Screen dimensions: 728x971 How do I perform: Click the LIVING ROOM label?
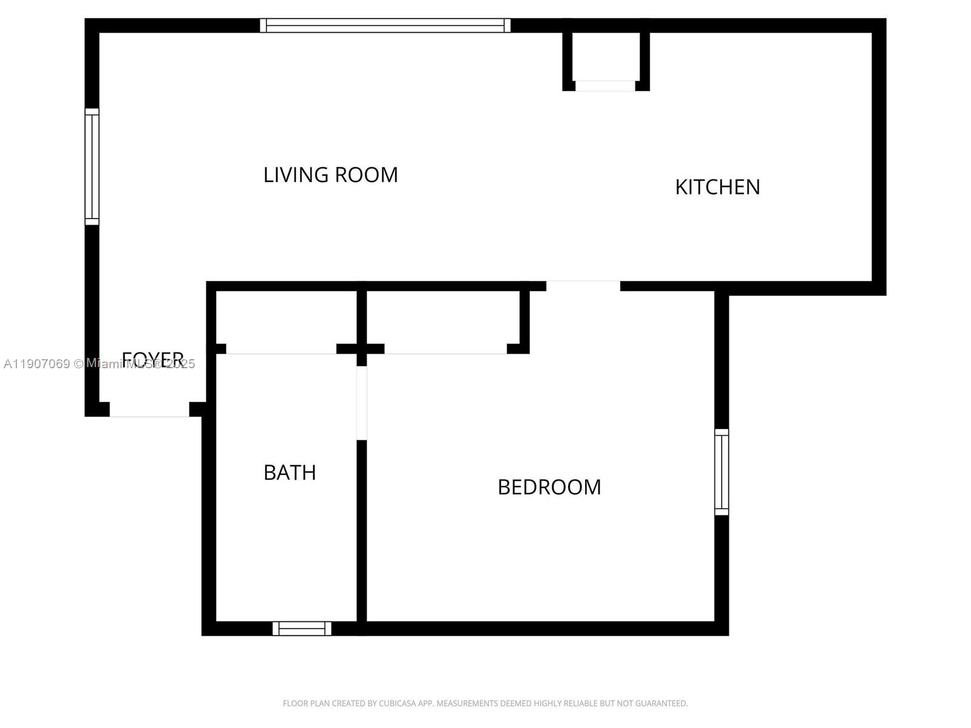[330, 175]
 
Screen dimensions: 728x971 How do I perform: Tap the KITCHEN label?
[717, 187]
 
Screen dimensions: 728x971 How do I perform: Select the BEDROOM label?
[549, 487]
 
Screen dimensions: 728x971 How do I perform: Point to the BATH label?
[289, 473]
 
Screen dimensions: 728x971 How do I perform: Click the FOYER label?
[152, 358]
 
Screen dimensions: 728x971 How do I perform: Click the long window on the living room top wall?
[385, 25]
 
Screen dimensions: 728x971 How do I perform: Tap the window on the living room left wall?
[92, 166]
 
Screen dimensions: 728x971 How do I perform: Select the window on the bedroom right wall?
[721, 472]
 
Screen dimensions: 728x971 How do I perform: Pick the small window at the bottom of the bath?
[302, 629]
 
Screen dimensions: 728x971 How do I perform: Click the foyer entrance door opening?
[149, 410]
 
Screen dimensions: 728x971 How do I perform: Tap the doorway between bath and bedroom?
[362, 403]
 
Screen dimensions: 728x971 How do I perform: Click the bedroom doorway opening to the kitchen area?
[583, 286]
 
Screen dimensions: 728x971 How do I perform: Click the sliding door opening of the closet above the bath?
[281, 351]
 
